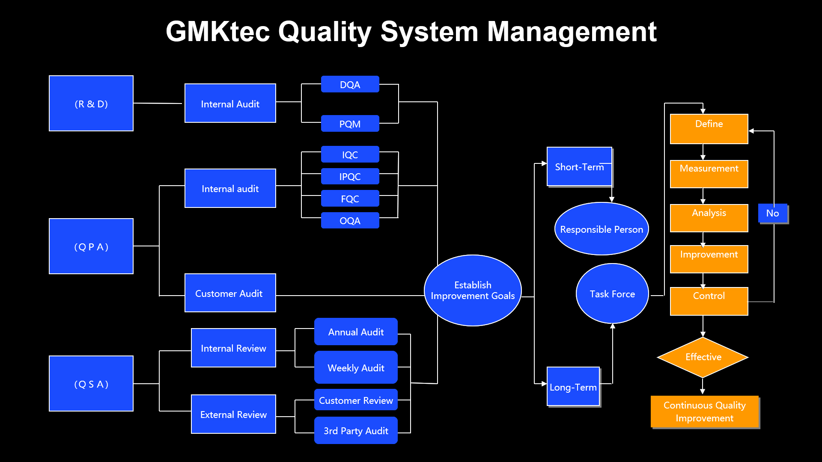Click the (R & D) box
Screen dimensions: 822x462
91,104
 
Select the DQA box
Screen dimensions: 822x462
350,84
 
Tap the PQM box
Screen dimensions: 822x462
350,124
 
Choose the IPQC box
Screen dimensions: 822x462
350,176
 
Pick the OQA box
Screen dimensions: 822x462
350,220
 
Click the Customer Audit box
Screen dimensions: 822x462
230,293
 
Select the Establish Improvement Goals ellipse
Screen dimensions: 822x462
473,290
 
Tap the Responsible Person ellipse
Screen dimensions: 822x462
602,229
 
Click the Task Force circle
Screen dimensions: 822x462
612,293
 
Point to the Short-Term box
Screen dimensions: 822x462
580,167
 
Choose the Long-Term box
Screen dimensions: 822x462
573,386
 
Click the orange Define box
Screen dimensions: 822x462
709,129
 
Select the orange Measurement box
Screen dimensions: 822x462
709,174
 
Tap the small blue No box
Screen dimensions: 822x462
773,213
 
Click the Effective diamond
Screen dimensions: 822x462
703,357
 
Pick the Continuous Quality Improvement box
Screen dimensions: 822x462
705,412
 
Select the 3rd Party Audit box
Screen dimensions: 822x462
356,430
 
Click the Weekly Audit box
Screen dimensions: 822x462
356,367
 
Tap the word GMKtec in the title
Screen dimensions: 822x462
218,31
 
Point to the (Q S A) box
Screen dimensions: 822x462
91,383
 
